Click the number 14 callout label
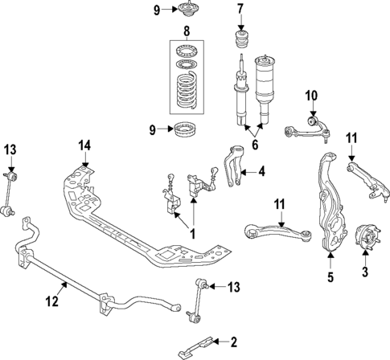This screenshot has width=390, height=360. pos(85,145)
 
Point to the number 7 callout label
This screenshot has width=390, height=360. pos(239,10)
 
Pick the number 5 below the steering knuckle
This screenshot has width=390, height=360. pos(329,280)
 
